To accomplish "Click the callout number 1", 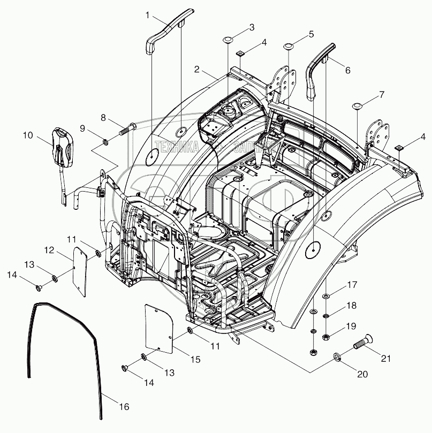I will coord(148,15).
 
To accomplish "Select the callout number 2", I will coord(198,70).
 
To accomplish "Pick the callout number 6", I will coord(347,70).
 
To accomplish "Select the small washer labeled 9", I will coord(106,142).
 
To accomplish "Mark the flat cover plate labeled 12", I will coord(80,268).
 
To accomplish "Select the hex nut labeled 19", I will coord(326,337).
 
